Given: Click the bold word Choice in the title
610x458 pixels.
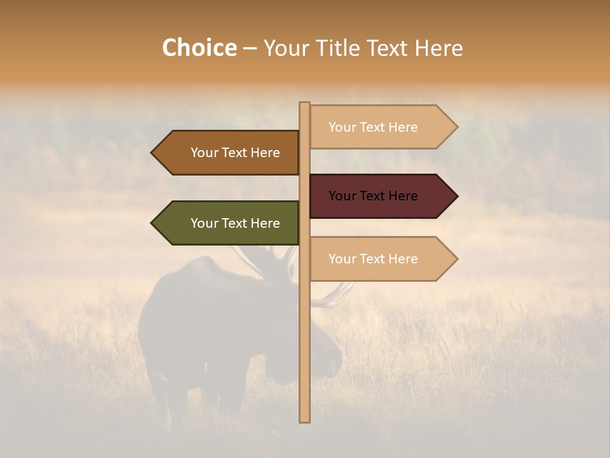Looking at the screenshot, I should pyautogui.click(x=199, y=48).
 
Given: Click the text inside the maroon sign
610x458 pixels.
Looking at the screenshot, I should pyautogui.click(x=373, y=196).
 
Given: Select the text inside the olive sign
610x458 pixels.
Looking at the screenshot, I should pyautogui.click(x=235, y=223).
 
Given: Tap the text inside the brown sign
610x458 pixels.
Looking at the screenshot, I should pyautogui.click(x=235, y=153).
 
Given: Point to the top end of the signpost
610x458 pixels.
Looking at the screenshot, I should pyautogui.click(x=304, y=104).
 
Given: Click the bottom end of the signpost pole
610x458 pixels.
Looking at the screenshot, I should pyautogui.click(x=304, y=419).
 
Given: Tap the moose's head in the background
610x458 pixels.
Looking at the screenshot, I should pyautogui.click(x=324, y=353).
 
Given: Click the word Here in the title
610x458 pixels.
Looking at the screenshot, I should pyautogui.click(x=439, y=48).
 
